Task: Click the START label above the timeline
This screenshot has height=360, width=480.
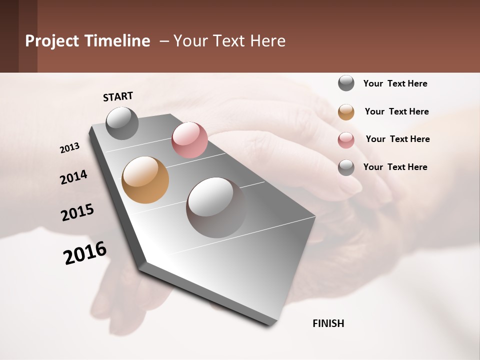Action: tap(118, 96)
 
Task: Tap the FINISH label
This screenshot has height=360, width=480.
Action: tap(328, 323)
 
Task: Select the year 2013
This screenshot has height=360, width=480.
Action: tap(70, 148)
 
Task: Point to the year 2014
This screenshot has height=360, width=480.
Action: tap(73, 177)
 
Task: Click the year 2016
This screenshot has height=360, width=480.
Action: tap(85, 253)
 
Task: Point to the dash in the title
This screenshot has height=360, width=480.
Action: tap(164, 41)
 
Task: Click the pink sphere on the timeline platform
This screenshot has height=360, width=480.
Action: tap(189, 140)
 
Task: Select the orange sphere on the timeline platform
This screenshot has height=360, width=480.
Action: tap(145, 180)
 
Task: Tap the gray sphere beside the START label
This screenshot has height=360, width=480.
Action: tap(122, 123)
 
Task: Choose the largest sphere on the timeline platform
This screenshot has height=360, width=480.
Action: tap(216, 207)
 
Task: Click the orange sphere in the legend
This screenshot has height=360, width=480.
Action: tap(346, 112)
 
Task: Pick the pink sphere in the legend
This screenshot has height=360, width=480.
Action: tap(346, 140)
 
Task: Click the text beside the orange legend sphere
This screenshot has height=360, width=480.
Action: tap(396, 111)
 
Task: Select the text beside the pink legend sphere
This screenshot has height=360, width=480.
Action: tap(397, 139)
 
